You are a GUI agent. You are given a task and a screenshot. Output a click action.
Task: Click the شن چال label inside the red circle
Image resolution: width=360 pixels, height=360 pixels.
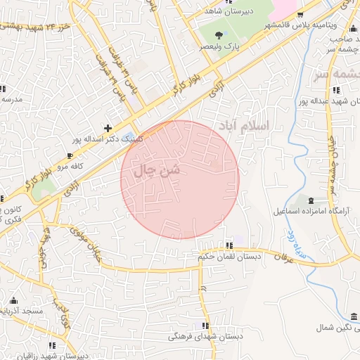click(x=157, y=170)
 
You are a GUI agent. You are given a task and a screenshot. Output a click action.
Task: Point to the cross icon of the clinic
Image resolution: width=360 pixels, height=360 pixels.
click(x=108, y=128)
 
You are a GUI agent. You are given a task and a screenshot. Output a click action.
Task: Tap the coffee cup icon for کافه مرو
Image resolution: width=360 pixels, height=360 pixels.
click(x=69, y=155)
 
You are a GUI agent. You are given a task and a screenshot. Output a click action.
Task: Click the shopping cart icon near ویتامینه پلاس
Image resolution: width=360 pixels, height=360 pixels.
click(x=300, y=14)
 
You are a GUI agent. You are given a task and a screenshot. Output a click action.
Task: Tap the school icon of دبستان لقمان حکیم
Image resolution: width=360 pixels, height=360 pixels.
click(x=229, y=245)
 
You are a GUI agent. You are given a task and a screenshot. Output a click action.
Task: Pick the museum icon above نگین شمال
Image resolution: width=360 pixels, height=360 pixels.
click(x=354, y=317)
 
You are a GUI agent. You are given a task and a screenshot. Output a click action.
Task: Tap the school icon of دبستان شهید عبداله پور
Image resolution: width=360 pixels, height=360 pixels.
click(x=337, y=89)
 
